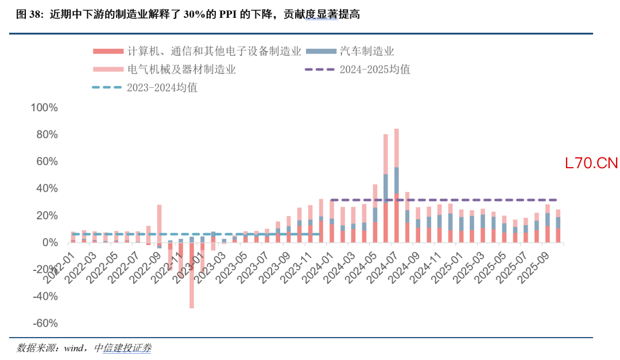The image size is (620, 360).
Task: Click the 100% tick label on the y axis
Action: [44, 107]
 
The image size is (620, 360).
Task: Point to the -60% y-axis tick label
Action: [45, 323]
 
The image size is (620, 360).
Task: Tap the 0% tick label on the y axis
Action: [50, 242]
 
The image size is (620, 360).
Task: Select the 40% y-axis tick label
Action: [47, 188]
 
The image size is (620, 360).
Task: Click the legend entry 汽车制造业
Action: [350, 51]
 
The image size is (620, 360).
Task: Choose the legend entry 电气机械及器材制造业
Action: [164, 69]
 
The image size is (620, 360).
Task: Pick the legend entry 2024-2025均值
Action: [358, 69]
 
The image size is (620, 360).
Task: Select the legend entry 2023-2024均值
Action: [145, 87]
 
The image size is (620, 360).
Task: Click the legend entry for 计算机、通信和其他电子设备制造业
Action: [197, 51]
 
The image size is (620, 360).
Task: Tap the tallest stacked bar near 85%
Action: [397, 185]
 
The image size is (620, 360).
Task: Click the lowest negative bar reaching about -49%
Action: [192, 276]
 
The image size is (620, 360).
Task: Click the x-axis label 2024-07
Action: [382, 268]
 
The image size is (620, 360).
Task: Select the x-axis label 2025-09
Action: [532, 268]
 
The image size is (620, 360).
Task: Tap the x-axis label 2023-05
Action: [231, 268]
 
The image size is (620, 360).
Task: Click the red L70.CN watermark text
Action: [591, 163]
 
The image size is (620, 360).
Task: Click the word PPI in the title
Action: [227, 14]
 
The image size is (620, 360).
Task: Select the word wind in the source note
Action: [73, 348]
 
